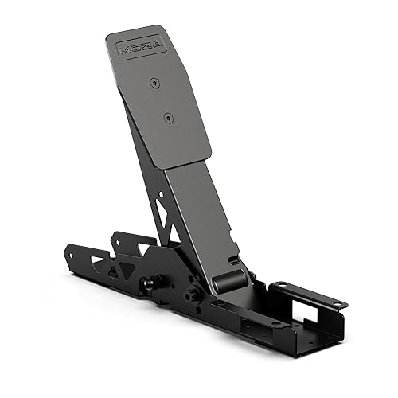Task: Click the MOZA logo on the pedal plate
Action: pyautogui.click(x=141, y=47)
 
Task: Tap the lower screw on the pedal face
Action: pyautogui.click(x=167, y=118)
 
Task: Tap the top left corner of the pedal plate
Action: pyautogui.click(x=109, y=36)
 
